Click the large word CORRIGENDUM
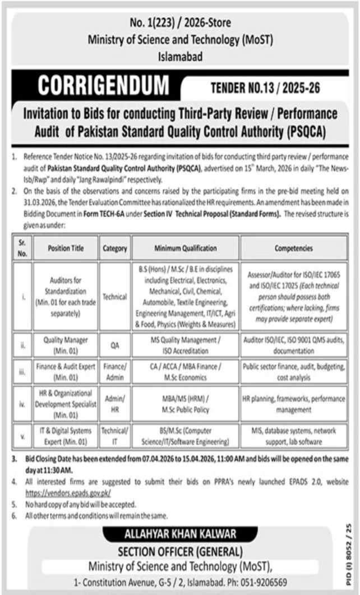coord(103,86)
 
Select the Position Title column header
coord(66,248)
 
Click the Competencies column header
coord(294,248)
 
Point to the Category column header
coord(114,248)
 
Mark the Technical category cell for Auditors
coord(114,297)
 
